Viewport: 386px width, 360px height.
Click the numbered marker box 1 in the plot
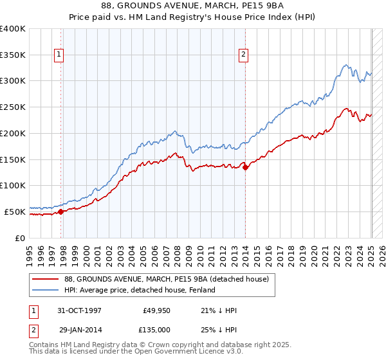coord(59,55)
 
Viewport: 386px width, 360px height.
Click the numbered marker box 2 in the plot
coord(244,55)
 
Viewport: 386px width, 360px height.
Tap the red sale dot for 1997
coord(61,211)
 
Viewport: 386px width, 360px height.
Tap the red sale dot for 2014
coord(245,167)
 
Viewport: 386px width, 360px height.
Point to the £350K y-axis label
coord(13,55)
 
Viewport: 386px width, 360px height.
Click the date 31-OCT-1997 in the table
coord(79,310)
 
